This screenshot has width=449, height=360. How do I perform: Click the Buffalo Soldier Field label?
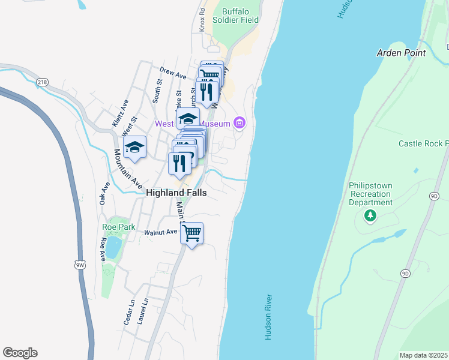click(x=240, y=16)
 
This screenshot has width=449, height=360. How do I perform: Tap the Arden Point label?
click(x=401, y=53)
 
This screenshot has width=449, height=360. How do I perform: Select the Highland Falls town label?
click(x=176, y=193)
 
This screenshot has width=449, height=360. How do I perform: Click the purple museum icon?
click(x=240, y=124)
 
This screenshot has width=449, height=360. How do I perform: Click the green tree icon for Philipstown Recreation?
click(x=371, y=215)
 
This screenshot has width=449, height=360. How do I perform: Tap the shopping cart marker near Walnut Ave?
click(x=191, y=233)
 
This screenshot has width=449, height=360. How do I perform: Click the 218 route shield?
click(x=42, y=82)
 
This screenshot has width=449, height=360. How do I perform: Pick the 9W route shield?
click(x=80, y=264)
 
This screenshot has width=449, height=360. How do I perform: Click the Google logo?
click(x=20, y=353)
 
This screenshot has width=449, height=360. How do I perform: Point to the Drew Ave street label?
click(x=173, y=73)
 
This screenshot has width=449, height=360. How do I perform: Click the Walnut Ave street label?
click(x=161, y=232)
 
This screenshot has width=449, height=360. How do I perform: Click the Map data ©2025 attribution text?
click(x=424, y=355)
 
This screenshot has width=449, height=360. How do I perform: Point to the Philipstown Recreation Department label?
click(x=371, y=194)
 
